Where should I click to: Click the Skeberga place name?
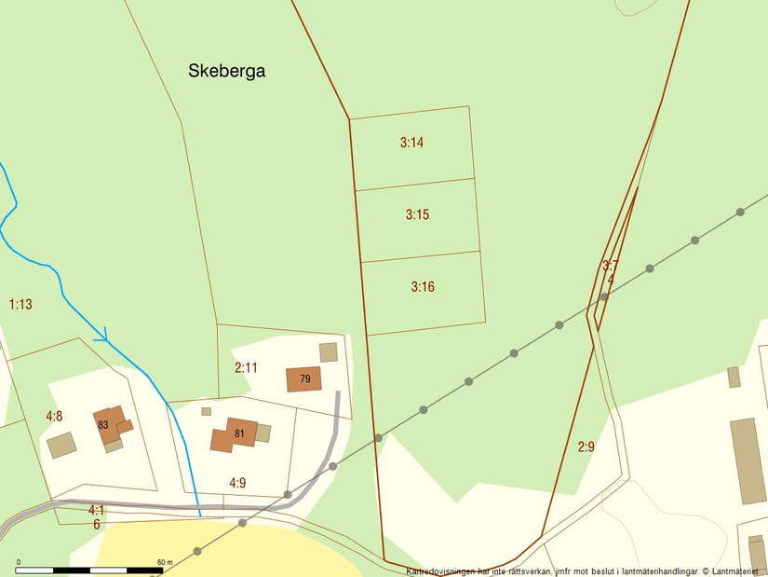point(227,71)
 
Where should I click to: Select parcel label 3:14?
point(412,143)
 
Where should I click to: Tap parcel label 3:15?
point(417,214)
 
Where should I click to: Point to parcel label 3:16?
point(423,286)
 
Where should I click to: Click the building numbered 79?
point(304,378)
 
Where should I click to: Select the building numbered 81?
point(238,433)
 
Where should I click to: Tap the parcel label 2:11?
point(246,367)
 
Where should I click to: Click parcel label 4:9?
point(237,482)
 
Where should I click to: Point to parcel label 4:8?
point(54,416)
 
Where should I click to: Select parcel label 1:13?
point(20,304)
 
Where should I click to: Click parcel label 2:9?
point(586,447)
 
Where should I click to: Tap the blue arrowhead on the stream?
point(104,334)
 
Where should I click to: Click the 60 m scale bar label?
point(165,562)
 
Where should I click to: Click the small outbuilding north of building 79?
point(328,351)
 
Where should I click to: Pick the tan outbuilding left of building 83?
point(61,445)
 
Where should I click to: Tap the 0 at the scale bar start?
point(19,562)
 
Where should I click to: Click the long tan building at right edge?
point(748,460)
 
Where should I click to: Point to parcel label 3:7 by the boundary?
point(610,266)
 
